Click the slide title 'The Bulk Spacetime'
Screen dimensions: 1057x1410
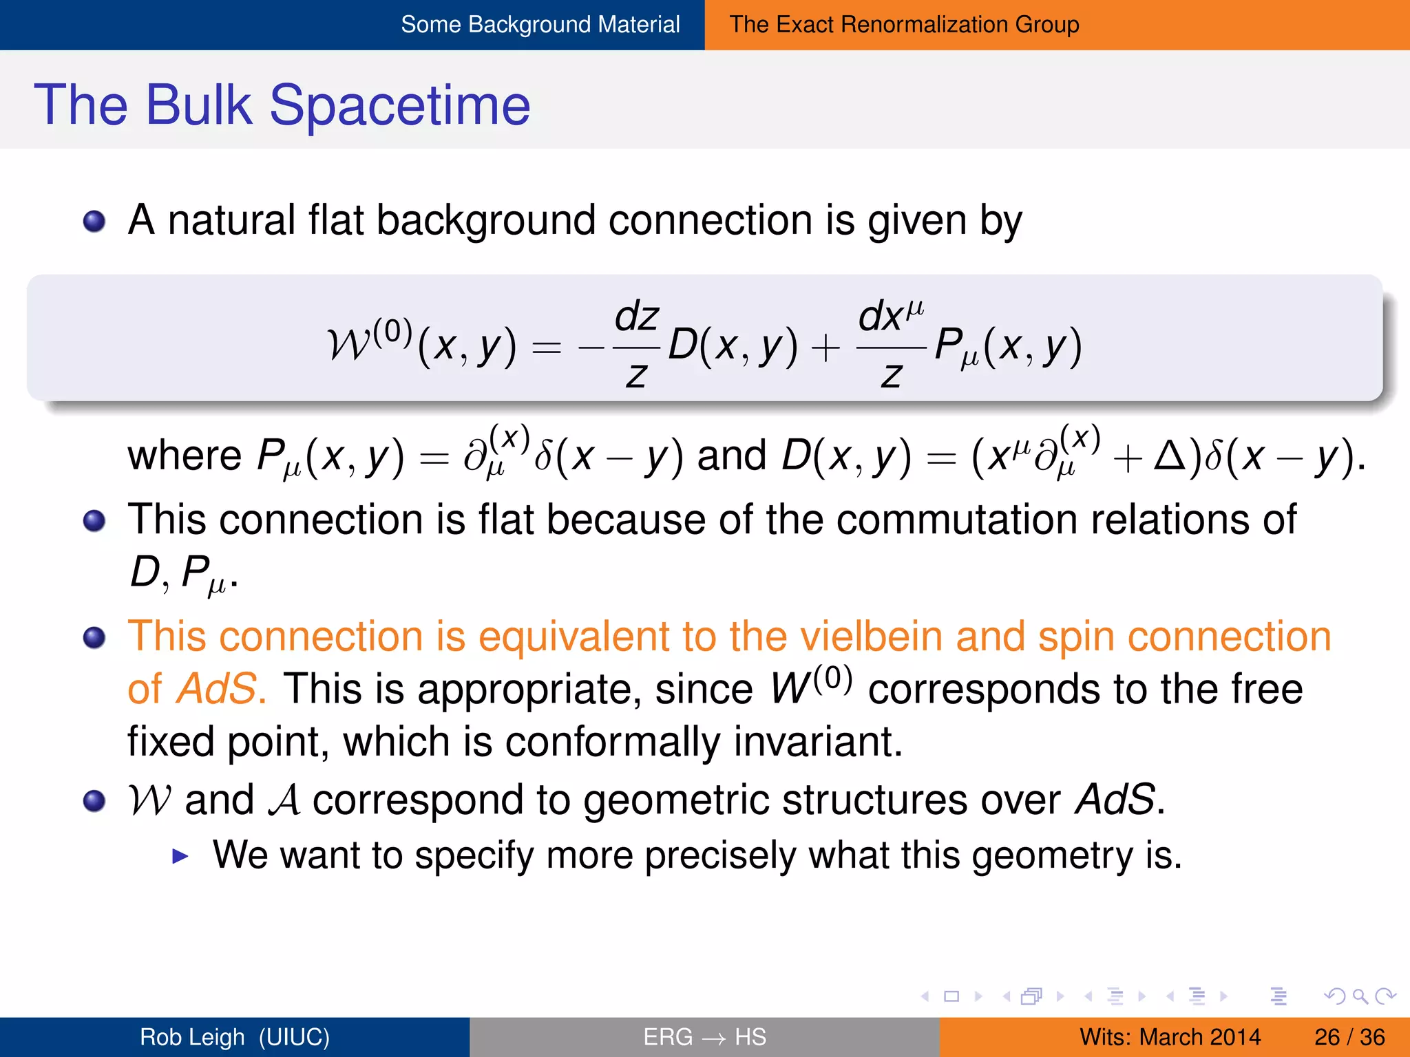point(282,105)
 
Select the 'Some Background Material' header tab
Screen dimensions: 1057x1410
point(540,25)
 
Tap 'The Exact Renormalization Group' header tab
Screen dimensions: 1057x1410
point(903,25)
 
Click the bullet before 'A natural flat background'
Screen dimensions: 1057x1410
point(94,222)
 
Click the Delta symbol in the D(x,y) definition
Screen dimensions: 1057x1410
point(1169,456)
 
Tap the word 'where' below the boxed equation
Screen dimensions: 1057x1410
point(185,456)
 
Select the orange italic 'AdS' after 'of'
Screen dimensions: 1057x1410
point(216,689)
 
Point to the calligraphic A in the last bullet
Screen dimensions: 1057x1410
point(284,801)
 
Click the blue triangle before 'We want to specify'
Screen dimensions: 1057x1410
point(180,856)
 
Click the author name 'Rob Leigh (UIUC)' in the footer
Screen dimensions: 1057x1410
point(235,1037)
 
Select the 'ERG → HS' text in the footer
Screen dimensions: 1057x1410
point(704,1037)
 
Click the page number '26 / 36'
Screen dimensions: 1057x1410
point(1349,1037)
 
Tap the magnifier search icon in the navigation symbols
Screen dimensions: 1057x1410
point(1359,996)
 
